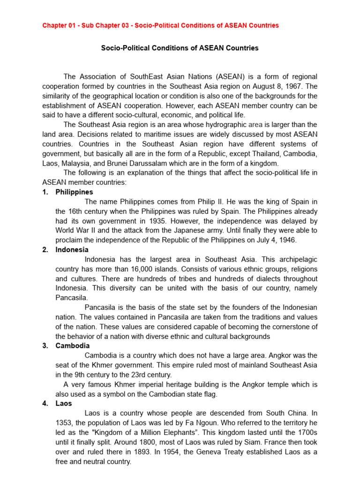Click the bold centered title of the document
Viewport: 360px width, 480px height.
(180, 48)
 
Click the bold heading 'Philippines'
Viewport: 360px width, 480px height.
(74, 192)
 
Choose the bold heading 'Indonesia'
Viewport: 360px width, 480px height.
(72, 250)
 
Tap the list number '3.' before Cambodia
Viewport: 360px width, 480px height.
(45, 346)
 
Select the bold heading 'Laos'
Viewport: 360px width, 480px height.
(64, 403)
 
